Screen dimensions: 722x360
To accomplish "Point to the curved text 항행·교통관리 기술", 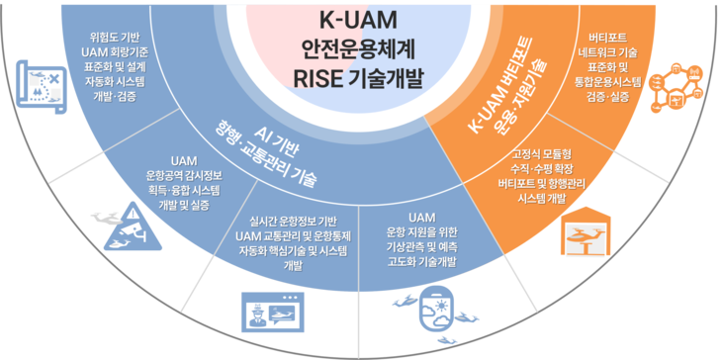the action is (x=265, y=157).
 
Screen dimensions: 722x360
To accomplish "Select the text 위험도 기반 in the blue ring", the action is (x=116, y=38).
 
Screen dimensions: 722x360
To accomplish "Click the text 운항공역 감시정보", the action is (x=184, y=176).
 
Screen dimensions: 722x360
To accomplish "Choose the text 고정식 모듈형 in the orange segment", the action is (x=542, y=153).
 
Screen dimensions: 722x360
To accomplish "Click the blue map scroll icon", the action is (x=41, y=86).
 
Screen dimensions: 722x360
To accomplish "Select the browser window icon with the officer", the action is (x=273, y=313).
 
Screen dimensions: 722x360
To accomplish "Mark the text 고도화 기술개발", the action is (x=421, y=262).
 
